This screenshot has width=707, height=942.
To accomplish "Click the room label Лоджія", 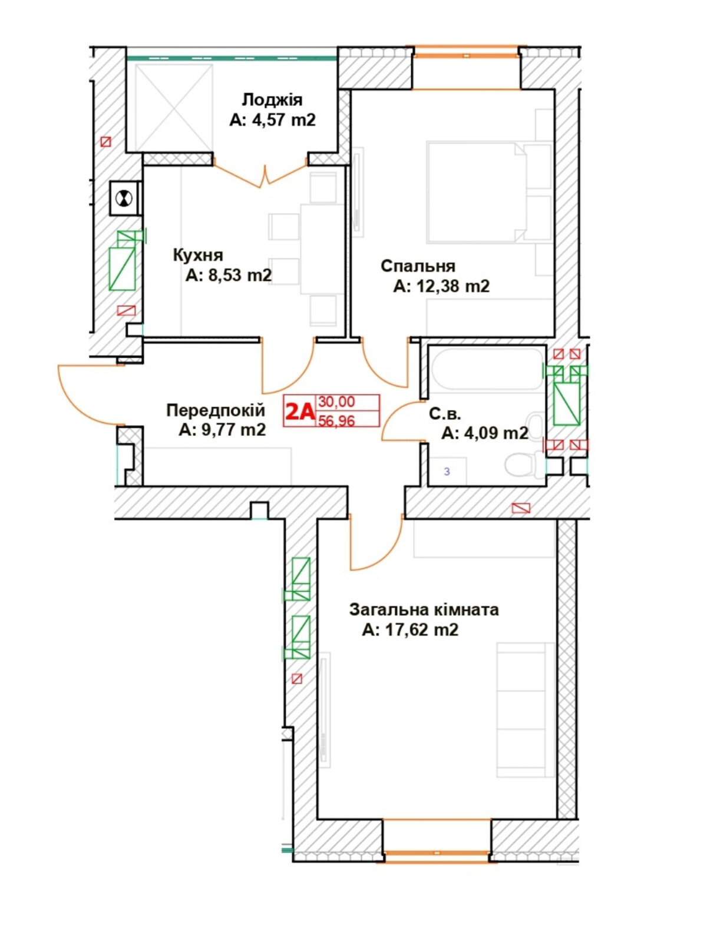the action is click(272, 100).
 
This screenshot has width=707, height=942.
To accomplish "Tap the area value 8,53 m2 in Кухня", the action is click(240, 275).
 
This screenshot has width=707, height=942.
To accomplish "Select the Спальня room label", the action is click(418, 266).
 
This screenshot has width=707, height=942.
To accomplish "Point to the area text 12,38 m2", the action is click(453, 286).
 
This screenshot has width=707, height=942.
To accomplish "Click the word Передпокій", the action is click(216, 410).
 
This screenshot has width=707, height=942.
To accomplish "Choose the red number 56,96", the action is click(336, 420).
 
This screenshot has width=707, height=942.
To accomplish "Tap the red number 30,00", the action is click(336, 402).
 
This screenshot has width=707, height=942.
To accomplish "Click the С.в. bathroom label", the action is click(445, 414).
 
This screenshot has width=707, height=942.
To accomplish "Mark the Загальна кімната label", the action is click(424, 610).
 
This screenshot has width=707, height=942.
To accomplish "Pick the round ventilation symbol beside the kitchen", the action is click(124, 198).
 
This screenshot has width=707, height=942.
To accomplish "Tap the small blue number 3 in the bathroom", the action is click(447, 472).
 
